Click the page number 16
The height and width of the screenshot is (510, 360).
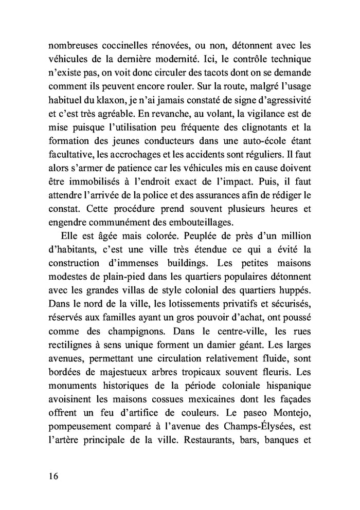click(x=50, y=476)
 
